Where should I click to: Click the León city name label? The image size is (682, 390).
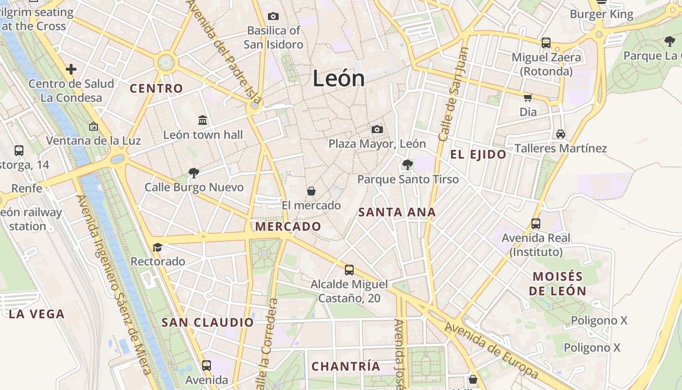339,78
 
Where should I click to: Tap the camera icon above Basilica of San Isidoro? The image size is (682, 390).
273,17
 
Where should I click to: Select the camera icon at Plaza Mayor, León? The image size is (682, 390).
377,129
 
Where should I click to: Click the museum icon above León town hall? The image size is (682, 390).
203,120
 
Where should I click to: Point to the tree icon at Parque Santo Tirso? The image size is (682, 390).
408,165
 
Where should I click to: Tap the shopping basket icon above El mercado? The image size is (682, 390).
311,191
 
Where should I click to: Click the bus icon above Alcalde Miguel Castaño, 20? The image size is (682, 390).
349,270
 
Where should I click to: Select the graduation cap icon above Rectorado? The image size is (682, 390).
157,247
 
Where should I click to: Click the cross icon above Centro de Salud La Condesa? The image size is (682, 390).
71,69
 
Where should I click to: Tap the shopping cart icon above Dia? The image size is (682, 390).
528,97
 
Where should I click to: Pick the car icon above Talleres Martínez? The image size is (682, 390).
561,134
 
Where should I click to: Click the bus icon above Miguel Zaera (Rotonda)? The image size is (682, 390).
546,43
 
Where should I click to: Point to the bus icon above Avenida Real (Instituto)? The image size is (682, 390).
536,224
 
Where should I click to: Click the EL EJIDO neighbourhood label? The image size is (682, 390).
478,155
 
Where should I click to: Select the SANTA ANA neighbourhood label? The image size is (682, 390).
397,212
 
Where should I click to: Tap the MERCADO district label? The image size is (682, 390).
288,226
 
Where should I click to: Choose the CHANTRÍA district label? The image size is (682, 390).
345,366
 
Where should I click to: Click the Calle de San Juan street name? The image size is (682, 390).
453,95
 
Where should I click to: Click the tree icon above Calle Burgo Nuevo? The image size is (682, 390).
194,173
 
